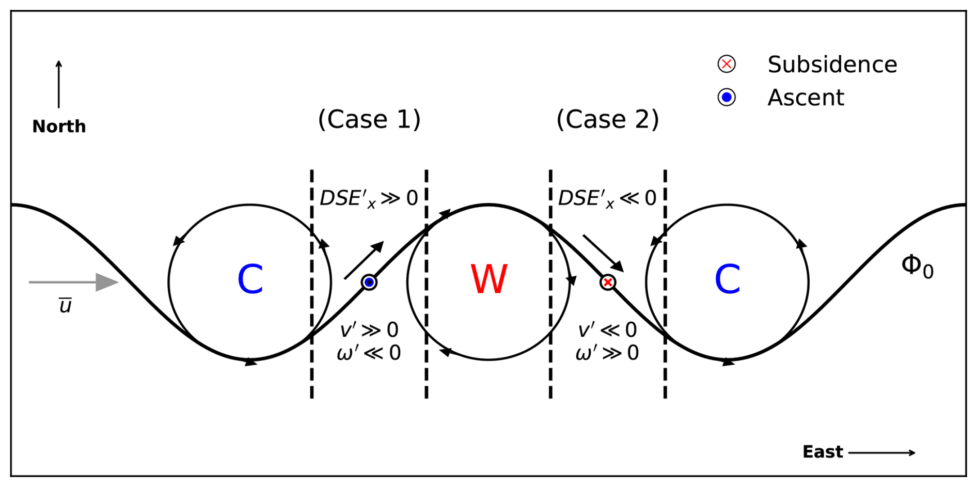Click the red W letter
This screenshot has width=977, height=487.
(x=488, y=279)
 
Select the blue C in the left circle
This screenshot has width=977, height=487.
(x=250, y=279)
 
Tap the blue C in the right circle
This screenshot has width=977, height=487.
(x=727, y=279)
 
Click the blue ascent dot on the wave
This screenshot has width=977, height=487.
(x=369, y=282)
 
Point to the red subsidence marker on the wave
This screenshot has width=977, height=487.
(x=608, y=282)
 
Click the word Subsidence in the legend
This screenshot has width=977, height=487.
(x=832, y=65)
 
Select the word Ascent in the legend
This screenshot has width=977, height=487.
(x=806, y=98)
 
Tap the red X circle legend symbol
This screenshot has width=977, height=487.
(x=727, y=64)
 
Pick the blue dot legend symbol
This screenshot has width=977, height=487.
(x=727, y=97)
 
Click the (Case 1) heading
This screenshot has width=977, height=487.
(x=369, y=119)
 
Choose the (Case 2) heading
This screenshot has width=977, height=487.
(x=608, y=119)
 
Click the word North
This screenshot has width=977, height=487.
(x=59, y=127)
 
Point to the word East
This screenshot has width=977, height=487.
(x=823, y=452)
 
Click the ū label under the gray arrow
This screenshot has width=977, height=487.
(x=65, y=306)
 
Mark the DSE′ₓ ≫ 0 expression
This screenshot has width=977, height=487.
(x=369, y=199)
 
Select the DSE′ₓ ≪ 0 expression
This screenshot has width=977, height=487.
(x=607, y=199)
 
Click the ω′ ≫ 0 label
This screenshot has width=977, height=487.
(x=607, y=353)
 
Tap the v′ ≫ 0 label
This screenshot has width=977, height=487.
(x=369, y=330)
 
